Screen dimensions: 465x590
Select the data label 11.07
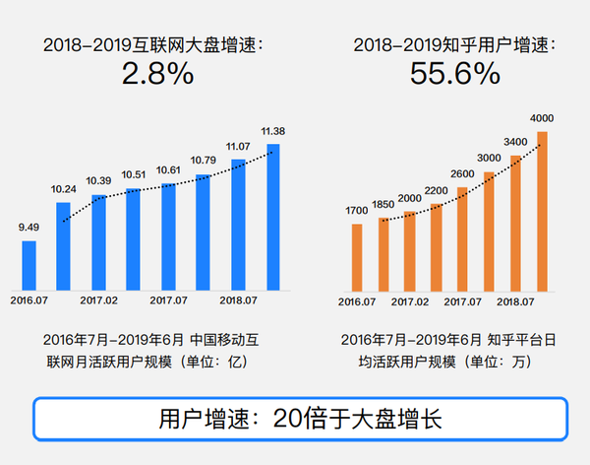(x=238, y=147)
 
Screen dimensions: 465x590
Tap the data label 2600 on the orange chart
(x=462, y=174)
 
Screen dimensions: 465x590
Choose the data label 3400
(x=515, y=142)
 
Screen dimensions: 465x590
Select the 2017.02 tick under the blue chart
(x=98, y=300)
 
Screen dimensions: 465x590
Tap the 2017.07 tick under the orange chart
(x=462, y=300)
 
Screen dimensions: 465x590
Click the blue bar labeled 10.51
(x=134, y=236)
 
